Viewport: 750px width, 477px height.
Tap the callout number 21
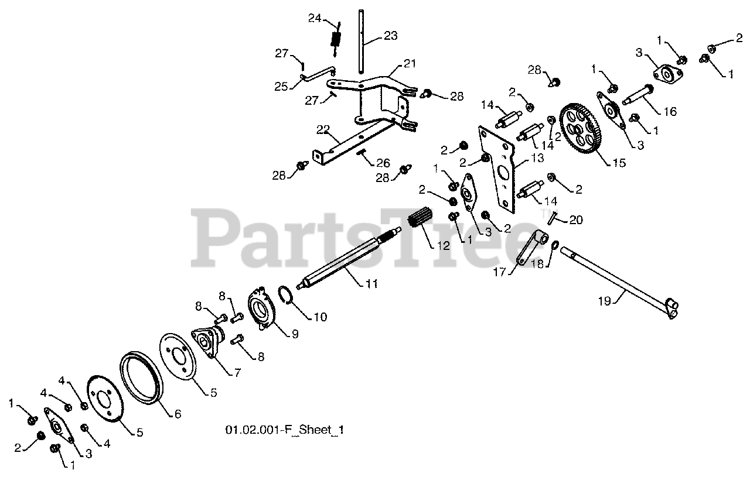click(408, 63)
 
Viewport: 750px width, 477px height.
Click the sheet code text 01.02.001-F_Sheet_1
click(284, 430)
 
